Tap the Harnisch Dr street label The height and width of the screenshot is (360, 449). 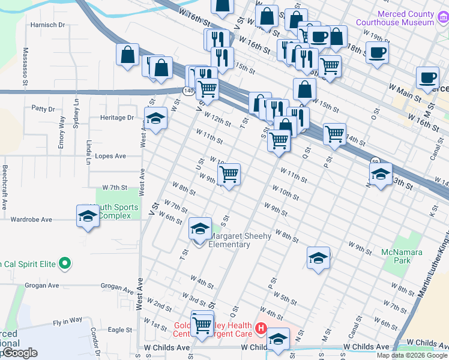click(x=47, y=25)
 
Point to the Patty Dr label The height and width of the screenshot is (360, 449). click(x=43, y=109)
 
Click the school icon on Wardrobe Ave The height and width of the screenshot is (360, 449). click(x=88, y=216)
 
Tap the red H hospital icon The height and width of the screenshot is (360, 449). click(x=261, y=328)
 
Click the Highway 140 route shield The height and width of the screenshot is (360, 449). click(x=188, y=91)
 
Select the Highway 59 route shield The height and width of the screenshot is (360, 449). click(x=375, y=161)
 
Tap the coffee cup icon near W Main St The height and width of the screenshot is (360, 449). click(x=427, y=77)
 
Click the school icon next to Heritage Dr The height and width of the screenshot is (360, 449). click(x=155, y=118)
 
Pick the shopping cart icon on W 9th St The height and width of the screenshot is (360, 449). click(x=229, y=174)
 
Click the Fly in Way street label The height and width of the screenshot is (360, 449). click(x=67, y=322)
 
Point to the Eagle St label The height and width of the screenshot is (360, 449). click(x=120, y=329)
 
